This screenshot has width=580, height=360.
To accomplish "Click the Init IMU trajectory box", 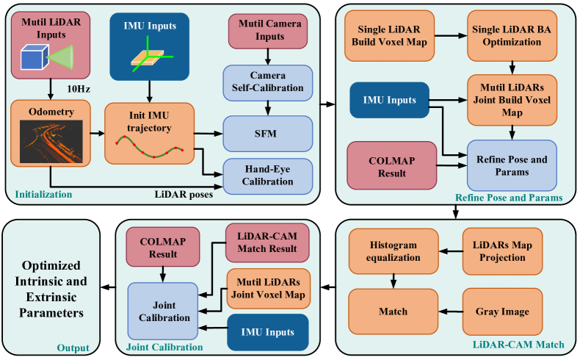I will pyautogui.click(x=149, y=133).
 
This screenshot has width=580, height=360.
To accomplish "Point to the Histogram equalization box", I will pyautogui.click(x=394, y=251).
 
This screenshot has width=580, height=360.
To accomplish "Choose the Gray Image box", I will pyautogui.click(x=501, y=311).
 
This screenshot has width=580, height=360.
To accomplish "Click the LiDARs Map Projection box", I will pyautogui.click(x=501, y=251).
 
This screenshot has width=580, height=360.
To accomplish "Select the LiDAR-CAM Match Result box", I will pyautogui.click(x=268, y=243).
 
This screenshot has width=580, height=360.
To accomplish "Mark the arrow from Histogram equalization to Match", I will pyautogui.click(x=394, y=281).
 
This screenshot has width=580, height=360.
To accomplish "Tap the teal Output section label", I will pyautogui.click(x=74, y=348).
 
